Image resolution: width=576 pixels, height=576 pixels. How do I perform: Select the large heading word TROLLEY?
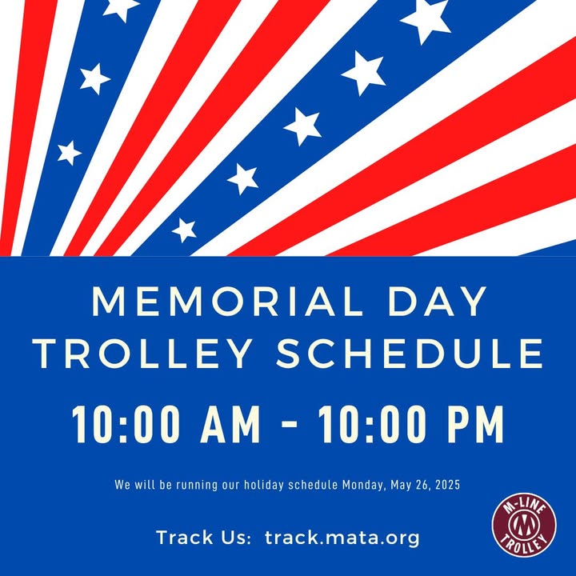142,354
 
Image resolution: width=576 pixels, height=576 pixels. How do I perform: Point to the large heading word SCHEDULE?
410,354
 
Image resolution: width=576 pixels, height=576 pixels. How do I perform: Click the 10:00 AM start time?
166,425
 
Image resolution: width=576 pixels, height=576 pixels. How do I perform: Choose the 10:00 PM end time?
410,425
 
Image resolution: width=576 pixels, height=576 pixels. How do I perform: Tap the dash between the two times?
289,425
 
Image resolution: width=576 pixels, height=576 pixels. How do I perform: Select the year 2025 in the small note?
447,485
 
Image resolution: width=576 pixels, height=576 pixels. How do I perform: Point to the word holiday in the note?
264,485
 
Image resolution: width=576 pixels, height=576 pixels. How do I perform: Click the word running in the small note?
197,485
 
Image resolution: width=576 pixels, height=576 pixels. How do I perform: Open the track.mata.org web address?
342,538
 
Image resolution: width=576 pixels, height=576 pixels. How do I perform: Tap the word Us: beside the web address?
235,538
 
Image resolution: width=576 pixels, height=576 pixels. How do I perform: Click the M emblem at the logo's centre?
524,526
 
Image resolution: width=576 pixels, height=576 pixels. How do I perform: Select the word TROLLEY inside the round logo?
524,544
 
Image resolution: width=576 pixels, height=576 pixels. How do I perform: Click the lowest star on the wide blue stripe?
184,230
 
